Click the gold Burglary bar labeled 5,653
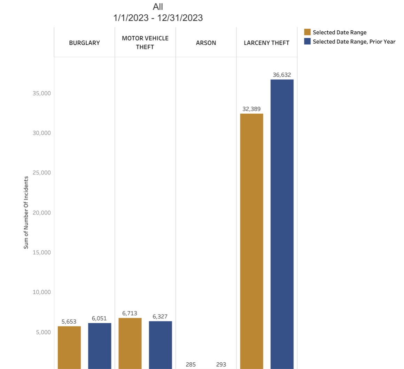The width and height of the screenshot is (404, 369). coord(69,347)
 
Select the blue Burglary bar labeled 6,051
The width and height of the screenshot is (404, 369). coord(100,345)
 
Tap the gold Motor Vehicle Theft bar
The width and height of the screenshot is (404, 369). coord(130,343)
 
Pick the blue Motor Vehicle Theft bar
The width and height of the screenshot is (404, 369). coord(160,345)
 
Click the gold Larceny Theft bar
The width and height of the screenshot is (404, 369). coord(251,241)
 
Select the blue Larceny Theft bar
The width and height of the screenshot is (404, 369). coord(282,223)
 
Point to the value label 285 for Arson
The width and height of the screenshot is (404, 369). coord(191,364)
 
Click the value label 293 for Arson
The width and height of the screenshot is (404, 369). coord(221,364)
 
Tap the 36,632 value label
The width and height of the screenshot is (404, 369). coord(281,75)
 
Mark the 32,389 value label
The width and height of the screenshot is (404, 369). coord(251,109)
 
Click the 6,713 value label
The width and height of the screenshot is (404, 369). coord(130,313)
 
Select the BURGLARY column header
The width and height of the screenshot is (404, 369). coord(84,43)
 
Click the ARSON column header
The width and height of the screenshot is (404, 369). coord(206,43)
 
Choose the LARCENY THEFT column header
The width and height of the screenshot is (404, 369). coord(267,43)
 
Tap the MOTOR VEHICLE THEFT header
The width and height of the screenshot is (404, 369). coord(145,43)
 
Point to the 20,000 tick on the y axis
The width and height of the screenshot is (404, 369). coord(41,212)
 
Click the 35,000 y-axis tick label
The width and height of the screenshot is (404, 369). coord(41,93)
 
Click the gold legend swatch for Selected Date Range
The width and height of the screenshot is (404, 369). coord(307,32)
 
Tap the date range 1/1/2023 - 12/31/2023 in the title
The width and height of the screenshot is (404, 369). coord(158,18)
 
